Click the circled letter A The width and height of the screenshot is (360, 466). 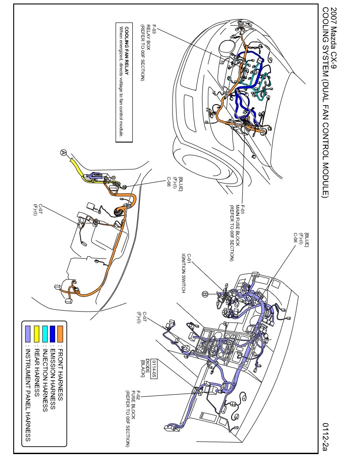64,152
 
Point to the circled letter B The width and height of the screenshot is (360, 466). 205,294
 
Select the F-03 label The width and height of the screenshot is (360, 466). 154,30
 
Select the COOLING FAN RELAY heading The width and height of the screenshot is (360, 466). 127,51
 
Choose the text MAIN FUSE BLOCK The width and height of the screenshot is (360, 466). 237,225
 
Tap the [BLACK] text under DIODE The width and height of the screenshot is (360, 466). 142,368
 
